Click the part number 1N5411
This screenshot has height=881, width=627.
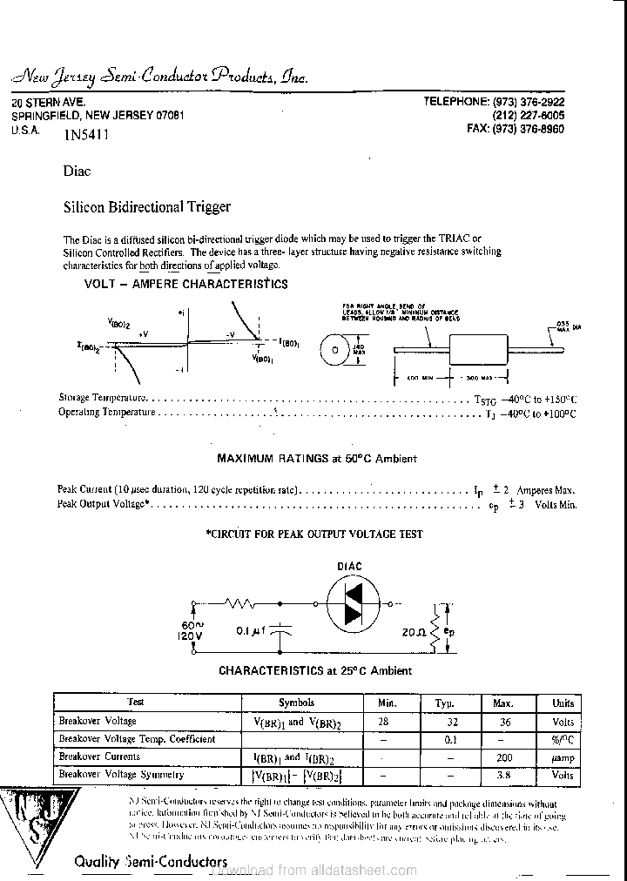click(86, 135)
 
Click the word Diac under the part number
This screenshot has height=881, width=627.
click(78, 171)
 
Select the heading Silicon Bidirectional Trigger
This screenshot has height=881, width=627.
click(147, 207)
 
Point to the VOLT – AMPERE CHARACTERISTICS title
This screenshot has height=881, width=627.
click(185, 284)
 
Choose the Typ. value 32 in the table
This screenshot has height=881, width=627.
click(450, 722)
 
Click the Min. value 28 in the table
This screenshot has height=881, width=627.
click(383, 722)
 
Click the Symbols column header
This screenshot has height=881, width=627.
click(296, 703)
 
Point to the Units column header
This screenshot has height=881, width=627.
click(563, 703)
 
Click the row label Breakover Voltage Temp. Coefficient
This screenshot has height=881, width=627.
click(136, 739)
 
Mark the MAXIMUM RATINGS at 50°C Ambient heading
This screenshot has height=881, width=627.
click(316, 458)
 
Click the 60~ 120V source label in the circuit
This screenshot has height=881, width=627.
click(192, 630)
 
